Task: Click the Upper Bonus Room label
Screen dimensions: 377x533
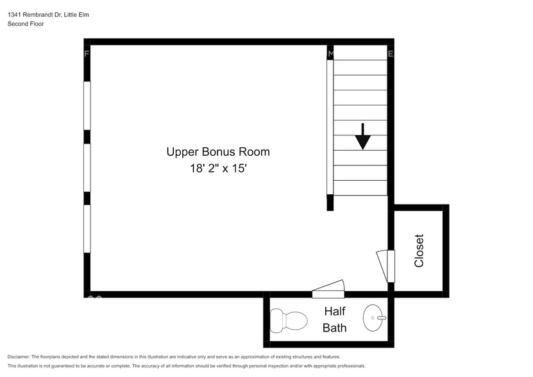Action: pos(218,152)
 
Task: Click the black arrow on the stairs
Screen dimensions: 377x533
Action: pos(363,136)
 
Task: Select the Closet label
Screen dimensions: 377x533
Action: pos(419,250)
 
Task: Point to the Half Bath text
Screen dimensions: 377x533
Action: pos(335,319)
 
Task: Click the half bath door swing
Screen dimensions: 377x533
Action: pos(329,290)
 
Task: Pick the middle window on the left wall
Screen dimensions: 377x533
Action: pos(87,167)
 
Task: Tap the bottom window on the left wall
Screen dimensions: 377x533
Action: pos(87,228)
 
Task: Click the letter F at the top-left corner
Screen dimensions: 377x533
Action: pos(87,54)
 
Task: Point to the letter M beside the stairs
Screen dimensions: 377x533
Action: pos(330,54)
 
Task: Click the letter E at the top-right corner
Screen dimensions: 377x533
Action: pos(390,54)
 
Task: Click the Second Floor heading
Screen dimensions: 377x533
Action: pos(26,24)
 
